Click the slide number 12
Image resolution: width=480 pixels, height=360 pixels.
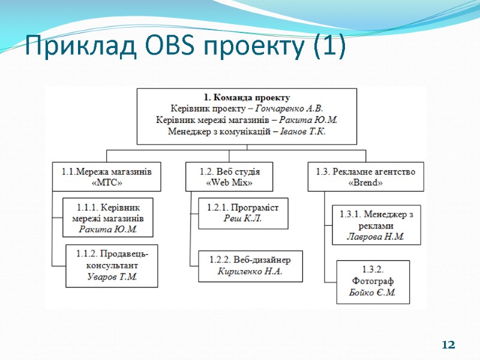[x=448, y=345]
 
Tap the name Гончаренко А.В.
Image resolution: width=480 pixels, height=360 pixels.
[x=289, y=109]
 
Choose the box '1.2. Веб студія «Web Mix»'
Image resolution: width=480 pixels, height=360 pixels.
[x=229, y=176]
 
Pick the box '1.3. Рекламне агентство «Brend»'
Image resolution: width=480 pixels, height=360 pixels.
[x=365, y=176]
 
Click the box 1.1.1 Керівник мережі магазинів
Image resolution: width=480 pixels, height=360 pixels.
[x=109, y=217]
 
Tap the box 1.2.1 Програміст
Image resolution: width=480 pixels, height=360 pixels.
[x=243, y=213]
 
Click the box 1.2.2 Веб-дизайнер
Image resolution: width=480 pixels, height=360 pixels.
[x=250, y=266]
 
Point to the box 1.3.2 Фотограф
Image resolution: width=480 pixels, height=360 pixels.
[x=373, y=281]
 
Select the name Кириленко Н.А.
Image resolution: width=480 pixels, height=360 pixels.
[x=250, y=271]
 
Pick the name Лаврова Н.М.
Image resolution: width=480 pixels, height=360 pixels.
[x=376, y=236]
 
